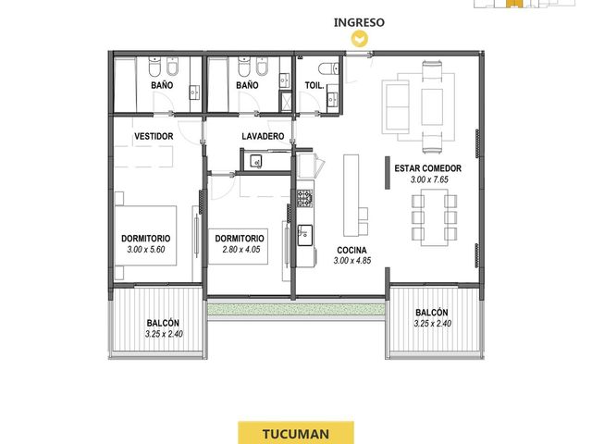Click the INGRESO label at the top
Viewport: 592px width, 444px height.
(x=359, y=22)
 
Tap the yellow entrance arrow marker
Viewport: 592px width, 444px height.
(x=359, y=39)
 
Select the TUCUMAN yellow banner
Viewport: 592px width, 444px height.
(x=296, y=433)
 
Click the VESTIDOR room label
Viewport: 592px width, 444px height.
(x=154, y=136)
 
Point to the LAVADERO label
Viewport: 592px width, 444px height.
(x=263, y=136)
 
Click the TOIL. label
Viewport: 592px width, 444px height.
(x=314, y=86)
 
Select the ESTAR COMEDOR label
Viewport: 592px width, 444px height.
(x=427, y=168)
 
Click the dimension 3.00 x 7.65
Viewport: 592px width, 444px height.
(x=429, y=179)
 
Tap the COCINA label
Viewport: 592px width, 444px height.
(x=351, y=251)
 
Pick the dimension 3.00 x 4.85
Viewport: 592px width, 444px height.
(x=352, y=261)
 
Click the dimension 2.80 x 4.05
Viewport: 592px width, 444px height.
(x=241, y=249)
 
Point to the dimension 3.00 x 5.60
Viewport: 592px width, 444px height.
(x=146, y=249)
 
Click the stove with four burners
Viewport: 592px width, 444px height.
(x=304, y=198)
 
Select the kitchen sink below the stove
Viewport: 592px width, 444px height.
(x=305, y=235)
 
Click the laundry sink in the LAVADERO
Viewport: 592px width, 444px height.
(x=256, y=162)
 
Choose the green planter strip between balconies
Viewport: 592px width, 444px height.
(x=296, y=310)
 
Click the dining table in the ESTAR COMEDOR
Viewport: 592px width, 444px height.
(x=434, y=218)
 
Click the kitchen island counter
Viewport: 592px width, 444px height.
(x=351, y=195)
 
